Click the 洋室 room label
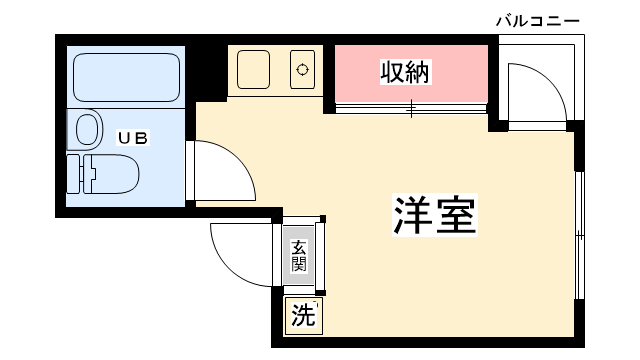[435, 215]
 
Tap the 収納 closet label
[405, 72]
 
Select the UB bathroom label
[133, 138]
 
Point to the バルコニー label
[538, 20]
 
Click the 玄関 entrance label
[299, 256]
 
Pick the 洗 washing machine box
[303, 316]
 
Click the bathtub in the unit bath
[127, 77]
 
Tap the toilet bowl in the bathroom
[111, 173]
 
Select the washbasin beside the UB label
[86, 130]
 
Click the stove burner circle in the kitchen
[302, 70]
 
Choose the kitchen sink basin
[253, 69]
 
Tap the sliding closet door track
[411, 109]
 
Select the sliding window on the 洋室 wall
[580, 236]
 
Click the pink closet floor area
[411, 73]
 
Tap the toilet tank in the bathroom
[74, 174]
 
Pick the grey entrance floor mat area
[299, 256]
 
